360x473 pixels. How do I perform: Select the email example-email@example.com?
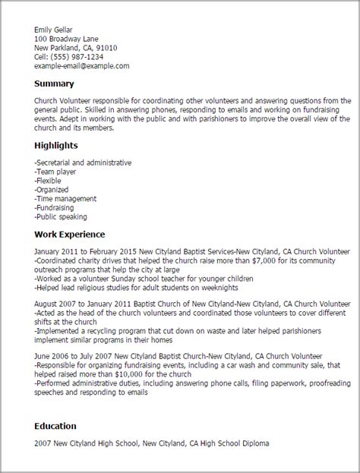[82, 66]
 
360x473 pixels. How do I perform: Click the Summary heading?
[53, 84]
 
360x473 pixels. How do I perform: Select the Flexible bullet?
[50, 181]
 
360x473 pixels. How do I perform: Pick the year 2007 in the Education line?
[43, 443]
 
